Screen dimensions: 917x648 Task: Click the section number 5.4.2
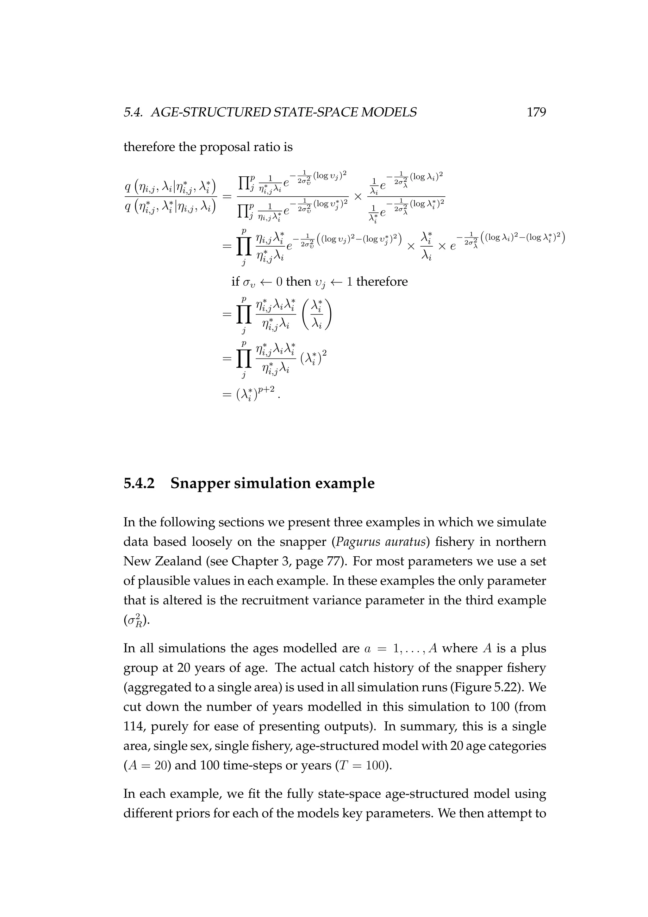(x=139, y=483)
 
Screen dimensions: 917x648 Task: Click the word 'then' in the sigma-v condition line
(x=298, y=281)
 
